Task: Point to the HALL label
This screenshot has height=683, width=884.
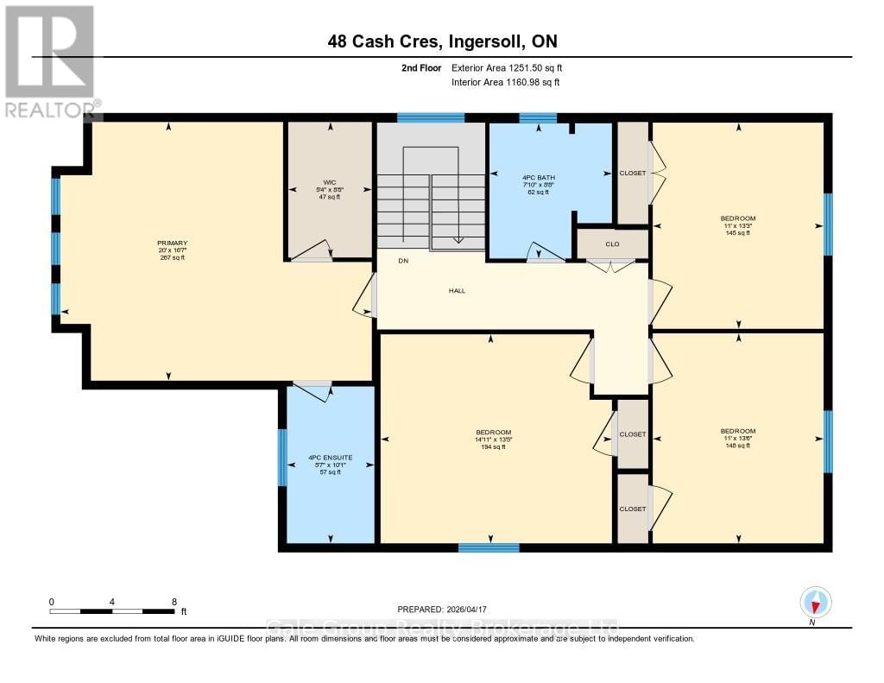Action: click(x=457, y=291)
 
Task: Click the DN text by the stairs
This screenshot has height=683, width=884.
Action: click(x=403, y=261)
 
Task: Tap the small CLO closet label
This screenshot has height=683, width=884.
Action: click(x=612, y=244)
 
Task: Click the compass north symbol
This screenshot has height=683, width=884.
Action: click(x=816, y=602)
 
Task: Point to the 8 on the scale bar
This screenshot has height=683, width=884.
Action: click(x=174, y=602)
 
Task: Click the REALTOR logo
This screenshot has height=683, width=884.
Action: click(x=50, y=60)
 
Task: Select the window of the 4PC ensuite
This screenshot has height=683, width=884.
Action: click(x=282, y=458)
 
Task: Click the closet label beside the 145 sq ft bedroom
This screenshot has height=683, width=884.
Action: click(x=633, y=173)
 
